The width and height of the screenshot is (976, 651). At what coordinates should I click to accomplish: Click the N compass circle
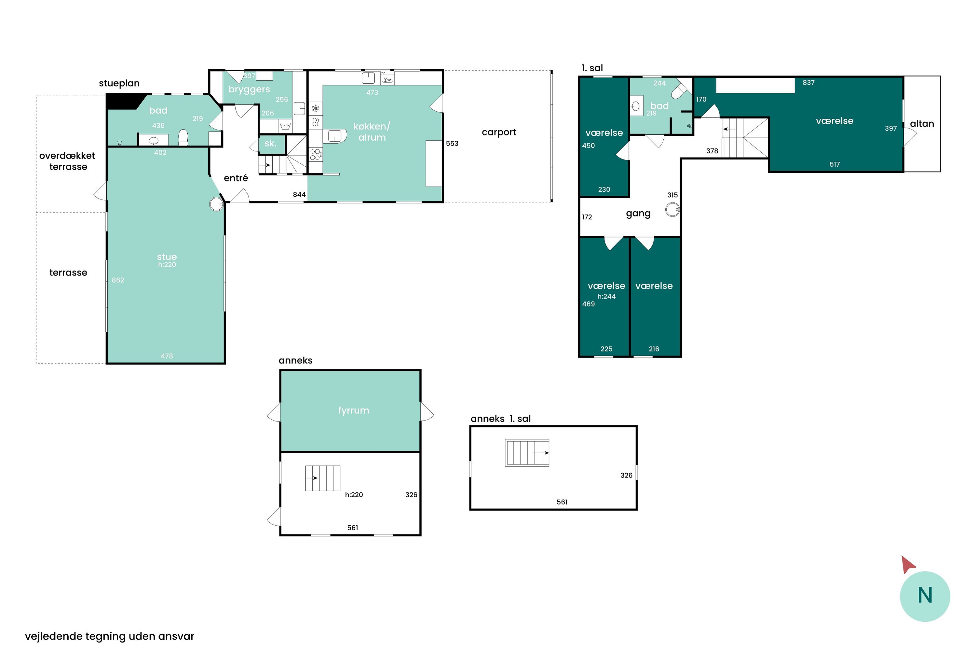click(x=925, y=596)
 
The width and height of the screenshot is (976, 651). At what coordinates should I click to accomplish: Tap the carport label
click(x=499, y=132)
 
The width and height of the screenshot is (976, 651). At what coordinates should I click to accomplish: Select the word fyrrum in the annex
click(x=354, y=410)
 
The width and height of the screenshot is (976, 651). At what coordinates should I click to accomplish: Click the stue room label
click(x=167, y=257)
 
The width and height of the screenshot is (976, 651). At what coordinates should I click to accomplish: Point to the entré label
click(x=236, y=178)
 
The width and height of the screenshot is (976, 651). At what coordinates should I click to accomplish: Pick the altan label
click(x=922, y=124)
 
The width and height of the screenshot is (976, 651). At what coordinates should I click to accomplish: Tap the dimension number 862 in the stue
click(x=118, y=280)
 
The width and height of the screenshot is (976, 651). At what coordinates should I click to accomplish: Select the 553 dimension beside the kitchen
click(x=452, y=144)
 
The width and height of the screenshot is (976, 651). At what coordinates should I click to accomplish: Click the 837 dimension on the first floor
click(x=808, y=83)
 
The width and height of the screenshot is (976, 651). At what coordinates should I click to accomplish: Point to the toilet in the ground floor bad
click(x=183, y=137)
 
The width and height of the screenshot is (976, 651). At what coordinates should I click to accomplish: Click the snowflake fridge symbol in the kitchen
click(x=315, y=109)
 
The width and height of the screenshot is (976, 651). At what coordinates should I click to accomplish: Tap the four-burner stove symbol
click(x=315, y=154)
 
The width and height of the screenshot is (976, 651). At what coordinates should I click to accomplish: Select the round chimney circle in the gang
click(x=672, y=209)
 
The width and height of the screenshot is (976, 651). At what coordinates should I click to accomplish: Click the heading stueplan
click(x=119, y=83)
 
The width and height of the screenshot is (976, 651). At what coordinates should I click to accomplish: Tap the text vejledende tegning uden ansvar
click(x=110, y=636)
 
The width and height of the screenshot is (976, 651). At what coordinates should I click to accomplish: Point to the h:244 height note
click(x=606, y=297)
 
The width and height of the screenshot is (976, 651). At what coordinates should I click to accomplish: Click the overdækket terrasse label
click(x=68, y=161)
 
